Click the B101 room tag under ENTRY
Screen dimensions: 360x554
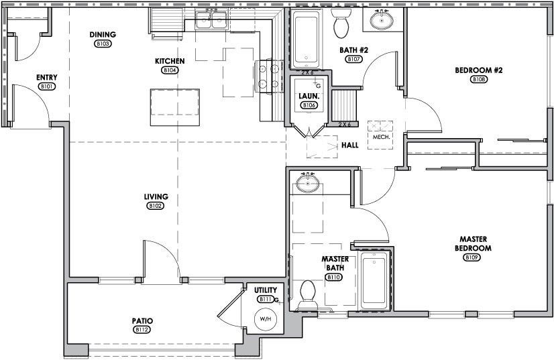[46, 86]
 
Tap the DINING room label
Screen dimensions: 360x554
[103, 35]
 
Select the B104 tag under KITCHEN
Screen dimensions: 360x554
[168, 70]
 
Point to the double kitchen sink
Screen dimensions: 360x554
[211, 21]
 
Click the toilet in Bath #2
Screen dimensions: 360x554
[341, 24]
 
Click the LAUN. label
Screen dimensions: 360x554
[308, 96]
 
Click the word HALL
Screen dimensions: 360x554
[349, 143]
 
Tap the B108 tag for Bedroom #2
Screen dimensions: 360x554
[479, 79]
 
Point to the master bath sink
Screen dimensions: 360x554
[308, 183]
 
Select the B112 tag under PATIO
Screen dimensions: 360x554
[141, 329]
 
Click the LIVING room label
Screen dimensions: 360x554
[156, 196]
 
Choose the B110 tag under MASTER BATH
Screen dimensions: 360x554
[333, 276]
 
